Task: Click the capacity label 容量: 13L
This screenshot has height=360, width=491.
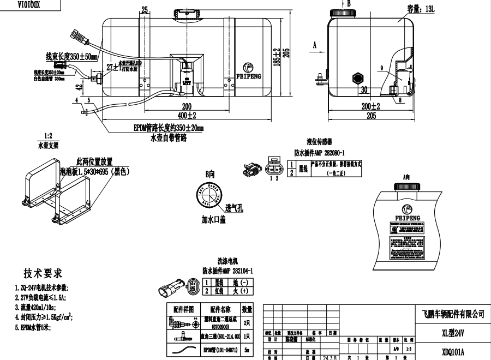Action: tap(422, 9)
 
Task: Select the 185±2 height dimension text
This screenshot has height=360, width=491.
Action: tap(277, 56)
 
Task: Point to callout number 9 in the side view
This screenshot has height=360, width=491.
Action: tap(382, 68)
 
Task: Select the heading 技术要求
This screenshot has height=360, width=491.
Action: tap(43, 273)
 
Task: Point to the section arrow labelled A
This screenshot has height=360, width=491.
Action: tap(315, 47)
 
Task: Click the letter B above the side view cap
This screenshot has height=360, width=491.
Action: tap(349, 3)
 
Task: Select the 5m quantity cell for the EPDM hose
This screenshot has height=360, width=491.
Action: tap(247, 349)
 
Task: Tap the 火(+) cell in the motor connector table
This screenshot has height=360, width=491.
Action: tap(241, 291)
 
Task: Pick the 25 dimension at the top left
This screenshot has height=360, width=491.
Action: tap(145, 9)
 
